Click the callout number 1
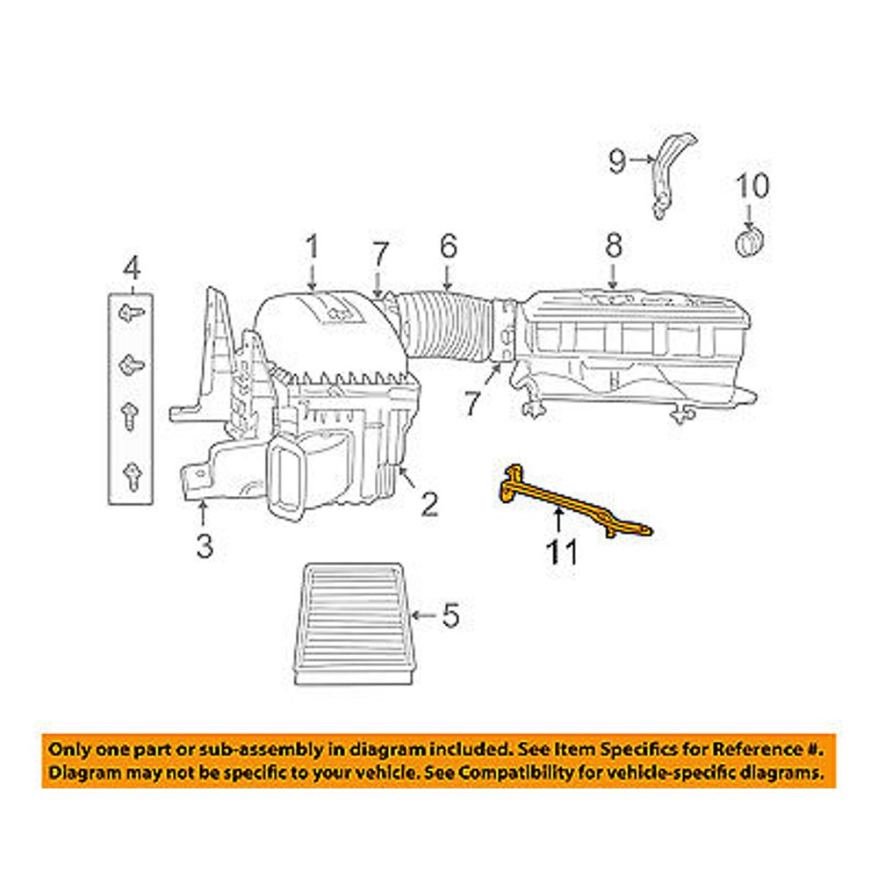pyautogui.click(x=312, y=248)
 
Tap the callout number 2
pyautogui.click(x=428, y=504)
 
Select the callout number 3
pyautogui.click(x=204, y=548)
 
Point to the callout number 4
pyautogui.click(x=131, y=265)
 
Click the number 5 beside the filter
pyautogui.click(x=450, y=617)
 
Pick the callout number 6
pyautogui.click(x=449, y=248)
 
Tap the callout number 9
pyautogui.click(x=618, y=160)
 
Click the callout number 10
pyautogui.click(x=752, y=186)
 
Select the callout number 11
pyautogui.click(x=562, y=552)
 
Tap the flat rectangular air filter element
pyautogui.click(x=349, y=623)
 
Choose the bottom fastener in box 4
pyautogui.click(x=131, y=474)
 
